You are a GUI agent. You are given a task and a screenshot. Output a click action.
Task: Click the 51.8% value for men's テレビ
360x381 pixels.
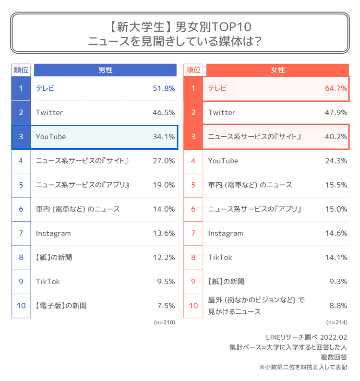point(163,88)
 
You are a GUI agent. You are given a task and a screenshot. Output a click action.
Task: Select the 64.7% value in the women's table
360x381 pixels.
point(336,88)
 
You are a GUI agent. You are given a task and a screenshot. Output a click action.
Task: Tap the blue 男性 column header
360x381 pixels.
point(105,70)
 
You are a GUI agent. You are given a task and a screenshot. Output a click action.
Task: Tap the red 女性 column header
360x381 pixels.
point(277,70)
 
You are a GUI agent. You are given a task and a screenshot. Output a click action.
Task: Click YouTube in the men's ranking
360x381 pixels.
point(51,137)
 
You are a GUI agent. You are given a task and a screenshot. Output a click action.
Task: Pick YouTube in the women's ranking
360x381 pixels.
point(223,161)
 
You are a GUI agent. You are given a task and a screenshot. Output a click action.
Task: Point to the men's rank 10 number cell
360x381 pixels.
point(21,306)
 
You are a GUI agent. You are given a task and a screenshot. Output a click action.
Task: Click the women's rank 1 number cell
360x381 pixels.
point(193,88)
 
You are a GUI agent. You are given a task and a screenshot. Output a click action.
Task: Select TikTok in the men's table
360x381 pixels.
point(48,282)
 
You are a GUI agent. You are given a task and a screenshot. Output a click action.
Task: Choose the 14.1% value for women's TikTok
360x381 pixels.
point(336,257)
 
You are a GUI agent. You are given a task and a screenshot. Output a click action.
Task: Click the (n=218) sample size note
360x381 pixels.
point(164,322)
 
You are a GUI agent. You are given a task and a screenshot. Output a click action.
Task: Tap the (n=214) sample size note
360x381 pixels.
point(336,322)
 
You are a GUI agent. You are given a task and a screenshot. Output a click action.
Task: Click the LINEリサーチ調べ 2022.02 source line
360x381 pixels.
point(306,337)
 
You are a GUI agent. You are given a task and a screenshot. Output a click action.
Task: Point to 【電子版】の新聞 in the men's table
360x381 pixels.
point(61,306)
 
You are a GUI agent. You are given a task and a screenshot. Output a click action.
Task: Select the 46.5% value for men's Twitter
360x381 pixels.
point(163,112)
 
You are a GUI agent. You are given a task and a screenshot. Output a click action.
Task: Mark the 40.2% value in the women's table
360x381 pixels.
point(336,137)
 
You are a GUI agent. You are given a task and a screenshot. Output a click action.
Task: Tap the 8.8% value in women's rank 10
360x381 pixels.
point(337,306)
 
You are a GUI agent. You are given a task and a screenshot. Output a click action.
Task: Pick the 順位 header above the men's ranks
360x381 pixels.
point(21,70)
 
